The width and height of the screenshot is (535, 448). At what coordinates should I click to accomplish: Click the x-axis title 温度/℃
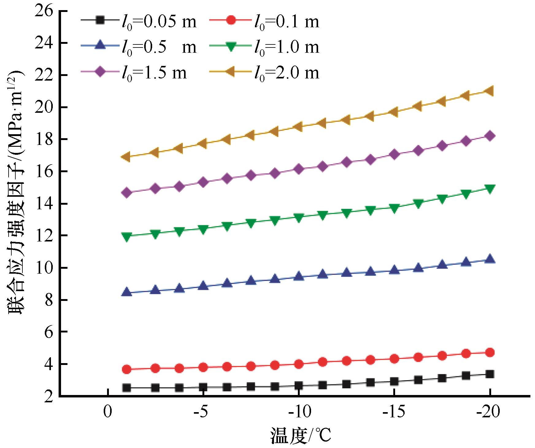[301, 436]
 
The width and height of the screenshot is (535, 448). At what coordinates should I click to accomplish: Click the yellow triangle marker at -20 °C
[490, 91]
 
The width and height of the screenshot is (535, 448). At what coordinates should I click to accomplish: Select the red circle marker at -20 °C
[490, 352]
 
